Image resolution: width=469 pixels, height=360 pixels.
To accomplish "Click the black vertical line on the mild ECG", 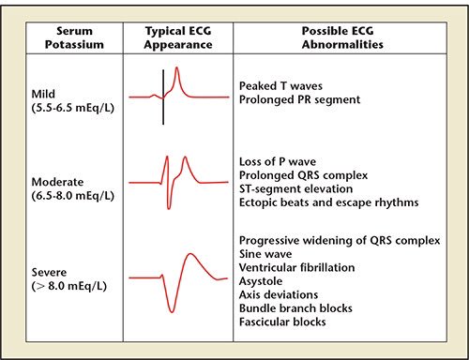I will [163, 97].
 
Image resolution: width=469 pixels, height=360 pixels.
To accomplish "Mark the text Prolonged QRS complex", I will [300, 174].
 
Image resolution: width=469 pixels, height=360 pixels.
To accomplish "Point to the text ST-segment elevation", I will [295, 189].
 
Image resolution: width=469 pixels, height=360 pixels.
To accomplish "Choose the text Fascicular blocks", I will [283, 322].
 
